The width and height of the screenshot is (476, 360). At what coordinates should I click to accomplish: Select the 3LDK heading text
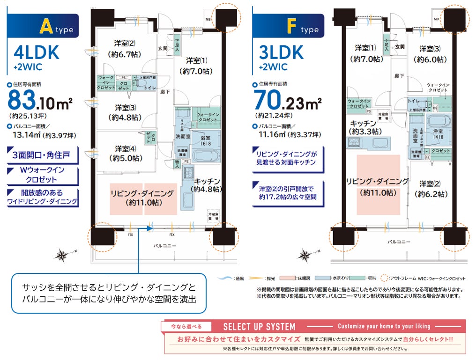pyautogui.click(x=281, y=52)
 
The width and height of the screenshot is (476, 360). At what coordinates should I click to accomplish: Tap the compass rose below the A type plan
pyautogui.click(x=62, y=255)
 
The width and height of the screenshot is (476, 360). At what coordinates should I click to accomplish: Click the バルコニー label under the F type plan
pyautogui.click(x=398, y=242)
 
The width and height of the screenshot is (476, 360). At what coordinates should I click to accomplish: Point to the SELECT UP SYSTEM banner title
pyautogui.click(x=259, y=326)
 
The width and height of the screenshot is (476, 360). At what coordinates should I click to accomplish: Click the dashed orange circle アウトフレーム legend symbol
pyautogui.click(x=385, y=278)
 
